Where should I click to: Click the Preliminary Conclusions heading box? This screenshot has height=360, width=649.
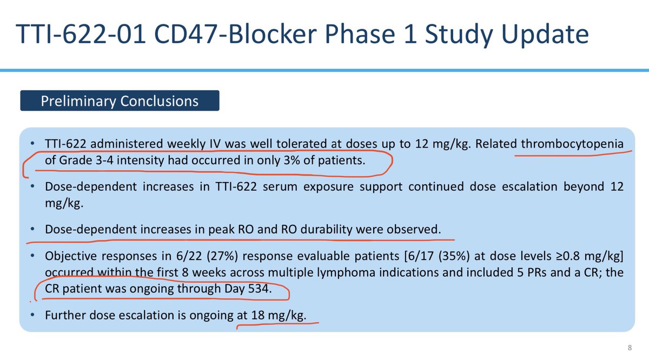pyautogui.click(x=120, y=101)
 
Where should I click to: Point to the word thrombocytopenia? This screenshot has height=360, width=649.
pyautogui.click(x=572, y=144)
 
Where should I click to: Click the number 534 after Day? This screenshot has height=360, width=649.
pyautogui.click(x=259, y=289)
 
